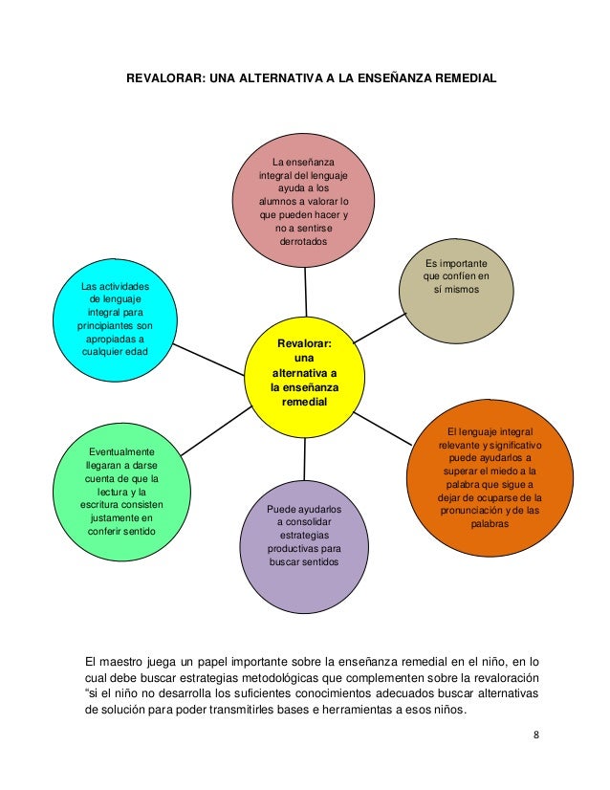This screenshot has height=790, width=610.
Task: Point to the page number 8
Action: pos(536,735)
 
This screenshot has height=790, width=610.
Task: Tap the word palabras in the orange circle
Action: pos(490,522)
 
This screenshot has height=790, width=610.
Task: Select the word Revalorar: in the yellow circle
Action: pos(303,342)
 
